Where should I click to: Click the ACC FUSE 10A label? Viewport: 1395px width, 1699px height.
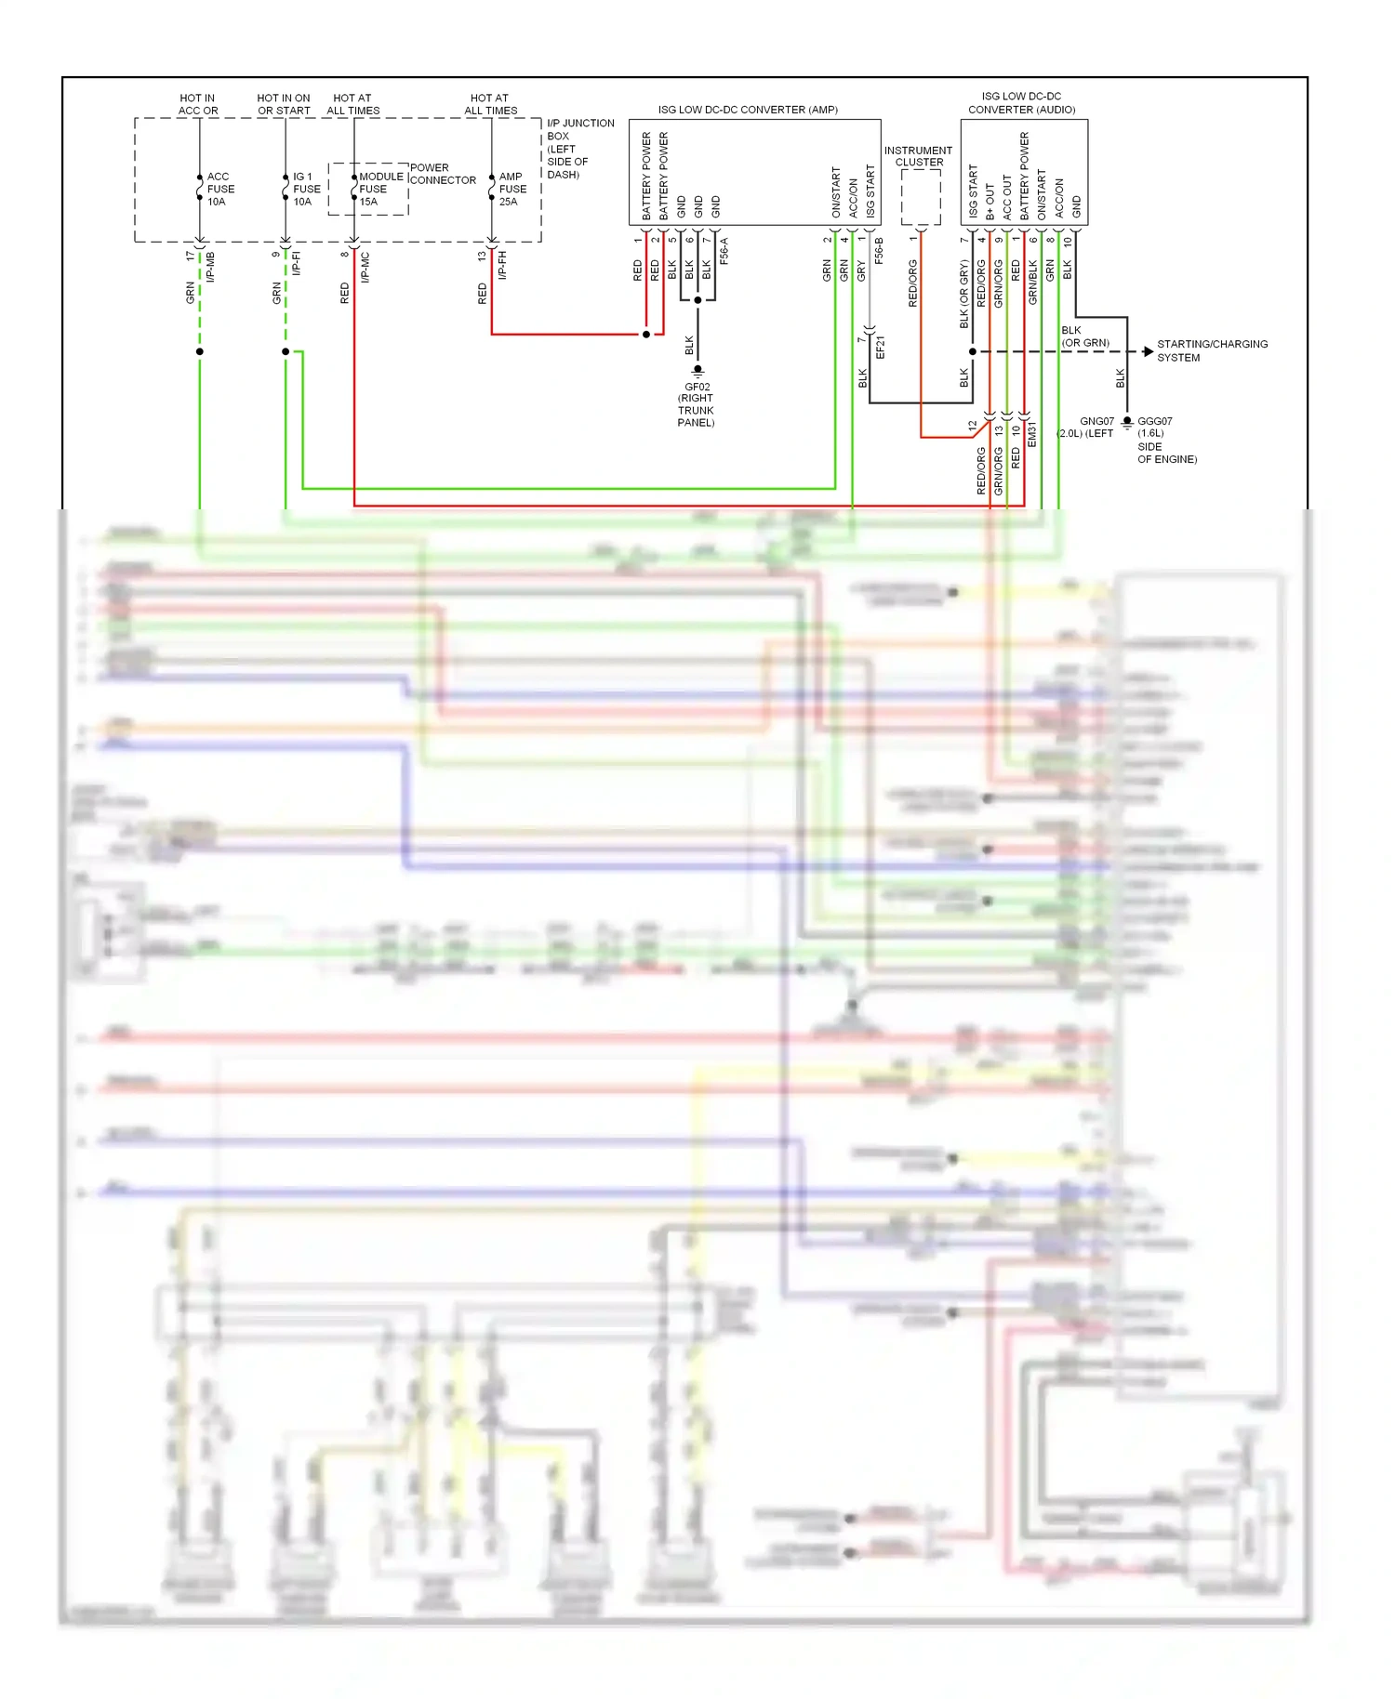pos(220,189)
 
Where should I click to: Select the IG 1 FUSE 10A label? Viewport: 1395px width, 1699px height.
pos(306,189)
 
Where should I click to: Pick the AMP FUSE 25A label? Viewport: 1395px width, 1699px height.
pos(512,189)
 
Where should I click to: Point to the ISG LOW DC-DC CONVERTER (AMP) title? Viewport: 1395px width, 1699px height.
pos(748,110)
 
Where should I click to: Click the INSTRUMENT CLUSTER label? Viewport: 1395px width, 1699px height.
pos(918,156)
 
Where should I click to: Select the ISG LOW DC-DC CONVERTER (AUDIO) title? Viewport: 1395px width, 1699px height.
pos(1021,102)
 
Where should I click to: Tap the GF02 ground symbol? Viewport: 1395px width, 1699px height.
pos(697,370)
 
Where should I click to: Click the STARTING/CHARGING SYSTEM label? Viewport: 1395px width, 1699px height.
pos(1211,350)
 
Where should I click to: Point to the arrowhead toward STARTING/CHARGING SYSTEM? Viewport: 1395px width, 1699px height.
pos(1149,351)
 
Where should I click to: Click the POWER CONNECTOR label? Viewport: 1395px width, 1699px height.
pos(442,174)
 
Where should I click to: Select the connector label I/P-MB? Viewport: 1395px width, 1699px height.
pos(211,267)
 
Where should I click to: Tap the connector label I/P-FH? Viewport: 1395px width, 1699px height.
pos(502,265)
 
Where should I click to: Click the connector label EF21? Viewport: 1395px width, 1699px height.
pos(880,348)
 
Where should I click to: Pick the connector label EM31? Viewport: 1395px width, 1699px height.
pos(1031,434)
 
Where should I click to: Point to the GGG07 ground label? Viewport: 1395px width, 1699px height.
pos(1154,421)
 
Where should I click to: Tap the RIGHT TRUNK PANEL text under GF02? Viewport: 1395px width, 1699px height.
pos(696,410)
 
